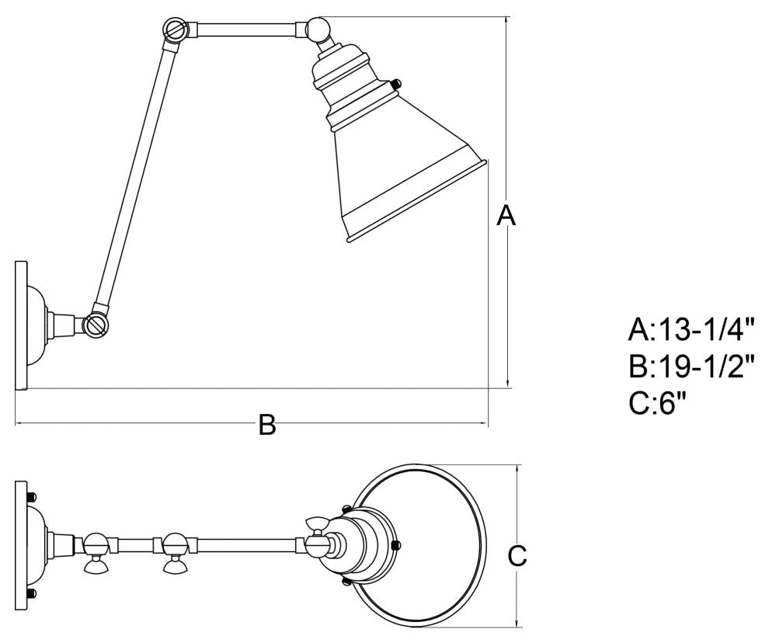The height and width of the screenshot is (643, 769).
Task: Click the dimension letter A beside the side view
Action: click(x=506, y=215)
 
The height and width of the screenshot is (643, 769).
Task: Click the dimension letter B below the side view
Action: click(x=266, y=425)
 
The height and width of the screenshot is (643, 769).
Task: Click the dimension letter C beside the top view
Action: click(x=517, y=555)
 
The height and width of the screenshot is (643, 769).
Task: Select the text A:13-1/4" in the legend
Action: click(x=691, y=332)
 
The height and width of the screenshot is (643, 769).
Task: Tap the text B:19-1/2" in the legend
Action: click(x=691, y=367)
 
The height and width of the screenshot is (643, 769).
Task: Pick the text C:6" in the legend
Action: click(x=659, y=402)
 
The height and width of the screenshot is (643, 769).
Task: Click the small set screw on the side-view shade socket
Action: click(x=397, y=84)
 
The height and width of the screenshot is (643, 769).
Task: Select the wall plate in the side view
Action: click(x=22, y=325)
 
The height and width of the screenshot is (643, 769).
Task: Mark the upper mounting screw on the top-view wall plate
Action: click(x=31, y=495)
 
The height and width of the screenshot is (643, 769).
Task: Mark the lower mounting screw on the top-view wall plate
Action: click(x=31, y=594)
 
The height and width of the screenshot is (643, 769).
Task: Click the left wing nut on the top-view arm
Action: click(x=96, y=565)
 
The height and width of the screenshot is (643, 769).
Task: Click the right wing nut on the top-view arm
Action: click(x=173, y=565)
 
